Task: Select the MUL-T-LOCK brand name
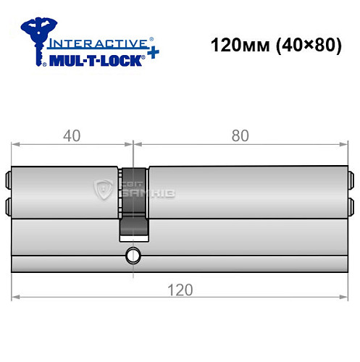(x=94, y=59)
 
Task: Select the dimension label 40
(x=71, y=134)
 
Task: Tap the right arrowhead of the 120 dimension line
(x=343, y=296)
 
